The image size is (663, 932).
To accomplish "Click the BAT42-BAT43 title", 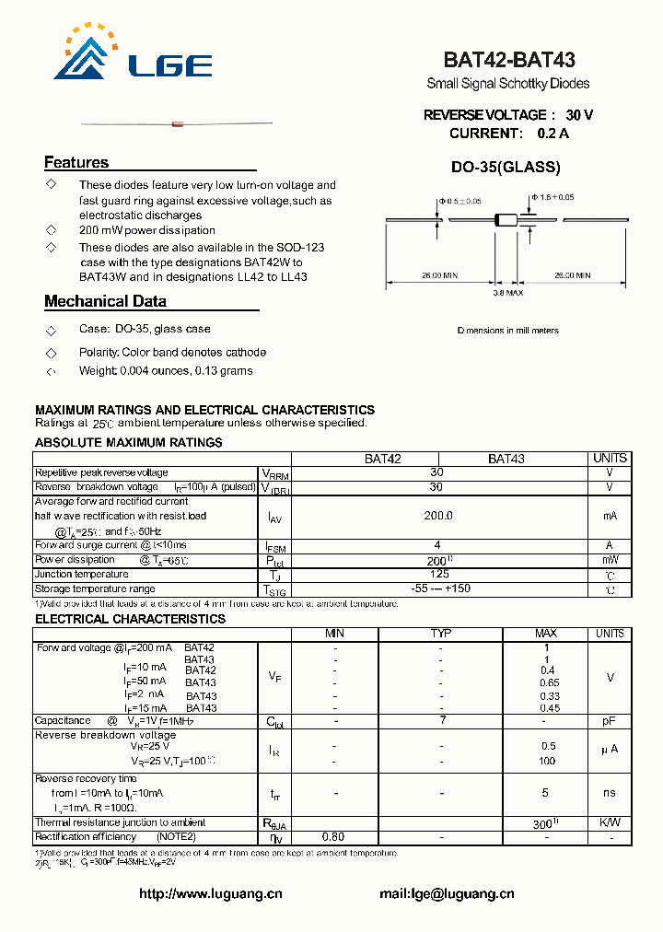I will coord(509,61).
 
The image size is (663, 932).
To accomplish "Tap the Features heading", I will coord(76,163).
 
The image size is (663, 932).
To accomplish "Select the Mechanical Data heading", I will coord(105,301).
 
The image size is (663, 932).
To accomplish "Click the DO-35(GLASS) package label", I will coord(506,168).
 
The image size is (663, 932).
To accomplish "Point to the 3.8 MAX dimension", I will coord(507,292).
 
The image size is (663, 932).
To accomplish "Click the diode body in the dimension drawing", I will coord(507,219).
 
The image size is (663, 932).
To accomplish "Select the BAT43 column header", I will coord(506,459).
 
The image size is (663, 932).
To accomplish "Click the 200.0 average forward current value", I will coord(437,517).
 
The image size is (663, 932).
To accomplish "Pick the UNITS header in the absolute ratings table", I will coord(610,458).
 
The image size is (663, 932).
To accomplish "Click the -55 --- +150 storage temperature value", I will coord(437,589).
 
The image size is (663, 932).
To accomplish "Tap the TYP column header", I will coord(441,634).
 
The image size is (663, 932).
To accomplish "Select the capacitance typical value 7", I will coord(441,721).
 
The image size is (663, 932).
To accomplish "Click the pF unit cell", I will coord(610,721).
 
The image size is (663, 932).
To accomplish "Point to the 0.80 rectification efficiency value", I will coord(333,837).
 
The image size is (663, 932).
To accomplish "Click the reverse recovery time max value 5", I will coord(545,793).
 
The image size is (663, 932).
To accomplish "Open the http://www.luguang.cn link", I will coord(210,893).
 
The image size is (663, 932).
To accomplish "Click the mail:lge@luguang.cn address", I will coord(447,893).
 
